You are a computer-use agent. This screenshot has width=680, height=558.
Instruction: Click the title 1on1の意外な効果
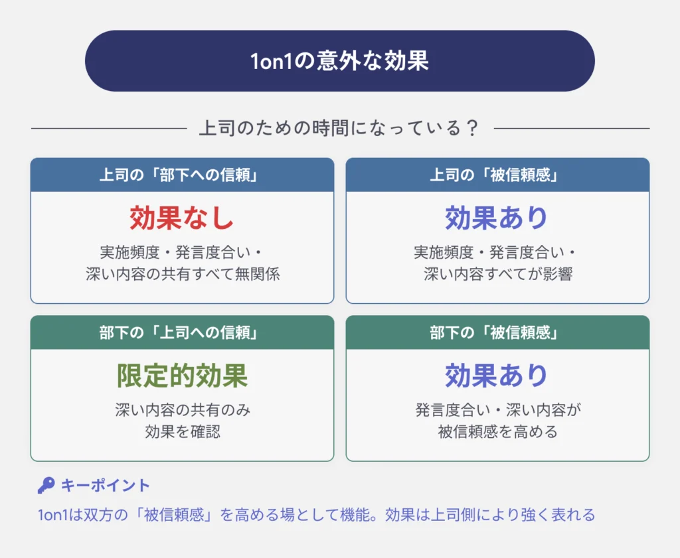[x=339, y=60]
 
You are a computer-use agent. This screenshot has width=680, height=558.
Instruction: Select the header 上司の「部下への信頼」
[x=179, y=175]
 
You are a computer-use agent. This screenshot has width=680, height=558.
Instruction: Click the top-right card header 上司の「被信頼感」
[x=494, y=175]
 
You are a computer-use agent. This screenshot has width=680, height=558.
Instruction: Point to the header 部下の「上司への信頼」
[x=179, y=332]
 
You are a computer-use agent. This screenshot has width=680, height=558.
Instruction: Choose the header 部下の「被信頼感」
[x=494, y=332]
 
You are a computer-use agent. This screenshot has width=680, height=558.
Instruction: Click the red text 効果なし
[x=182, y=218]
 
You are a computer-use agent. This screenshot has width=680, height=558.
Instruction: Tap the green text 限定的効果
[x=182, y=375]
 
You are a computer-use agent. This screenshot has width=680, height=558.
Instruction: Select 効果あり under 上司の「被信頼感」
[x=497, y=218]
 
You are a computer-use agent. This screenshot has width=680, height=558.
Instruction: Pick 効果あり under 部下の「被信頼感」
[x=497, y=375]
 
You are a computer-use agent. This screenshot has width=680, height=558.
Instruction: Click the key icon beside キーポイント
[x=46, y=486]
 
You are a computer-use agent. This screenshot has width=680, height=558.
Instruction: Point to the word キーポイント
[x=106, y=486]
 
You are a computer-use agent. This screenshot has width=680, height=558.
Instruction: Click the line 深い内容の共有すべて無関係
[x=183, y=274]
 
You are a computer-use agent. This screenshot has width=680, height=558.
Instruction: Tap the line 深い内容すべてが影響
[x=498, y=274]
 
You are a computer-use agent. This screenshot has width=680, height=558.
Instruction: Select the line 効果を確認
[x=183, y=432]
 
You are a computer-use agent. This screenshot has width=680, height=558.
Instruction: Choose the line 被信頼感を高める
[x=498, y=432]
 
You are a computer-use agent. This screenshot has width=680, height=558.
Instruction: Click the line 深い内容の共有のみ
[x=183, y=410]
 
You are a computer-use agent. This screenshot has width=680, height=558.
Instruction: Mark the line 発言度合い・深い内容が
[x=498, y=410]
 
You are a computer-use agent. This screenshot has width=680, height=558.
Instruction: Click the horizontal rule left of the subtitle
[x=109, y=128]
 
